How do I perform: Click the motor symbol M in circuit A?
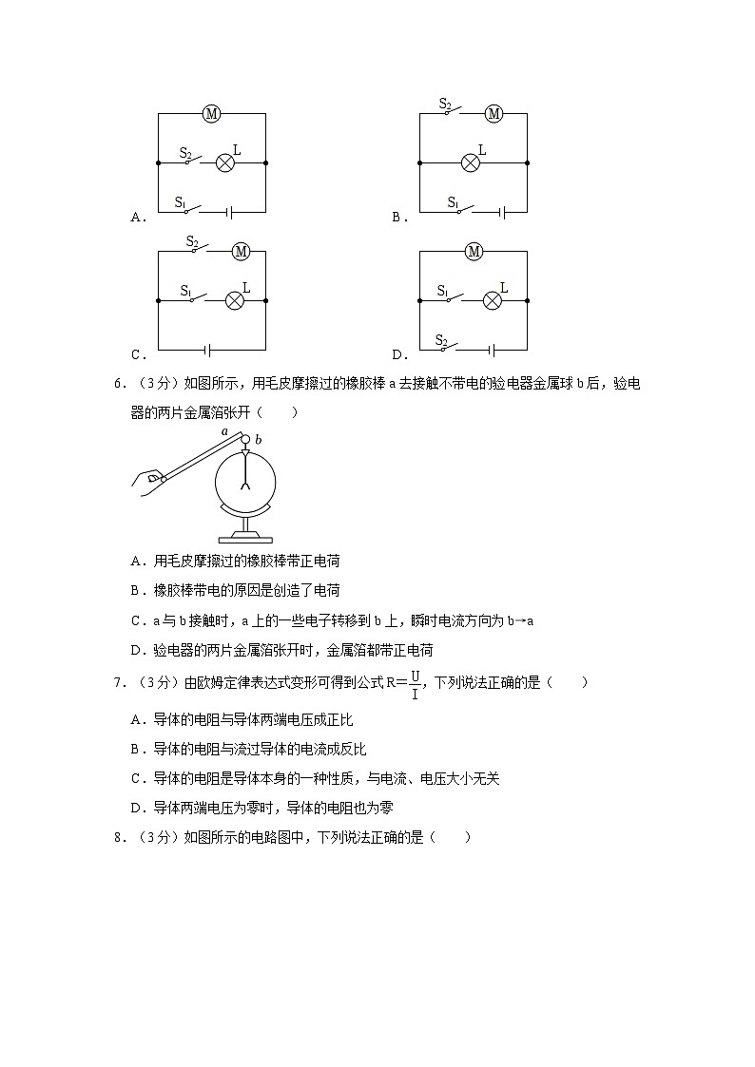click(211, 114)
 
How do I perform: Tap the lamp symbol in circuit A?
click(225, 163)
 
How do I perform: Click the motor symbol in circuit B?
click(493, 114)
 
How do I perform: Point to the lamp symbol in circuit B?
click(470, 163)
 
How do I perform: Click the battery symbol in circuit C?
click(209, 350)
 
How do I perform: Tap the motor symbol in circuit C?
click(241, 252)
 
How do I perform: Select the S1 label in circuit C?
click(185, 291)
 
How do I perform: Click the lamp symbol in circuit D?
click(492, 300)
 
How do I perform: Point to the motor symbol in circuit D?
click(474, 252)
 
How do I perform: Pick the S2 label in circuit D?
click(441, 339)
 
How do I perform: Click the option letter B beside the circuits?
click(397, 218)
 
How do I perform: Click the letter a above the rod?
click(225, 430)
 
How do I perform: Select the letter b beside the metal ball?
click(259, 440)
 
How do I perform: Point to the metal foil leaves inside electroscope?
click(245, 487)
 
